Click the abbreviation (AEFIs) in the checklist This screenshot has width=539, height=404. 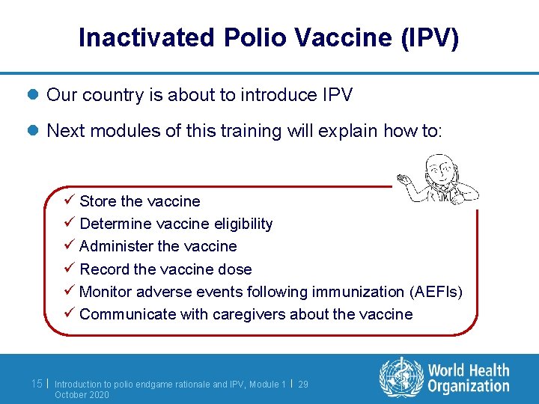coord(436,292)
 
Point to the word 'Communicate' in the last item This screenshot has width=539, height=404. coord(128,314)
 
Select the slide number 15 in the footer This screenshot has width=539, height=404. coord(37,384)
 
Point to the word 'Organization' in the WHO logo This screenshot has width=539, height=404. coord(469,386)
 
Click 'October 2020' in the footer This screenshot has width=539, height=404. coord(82,394)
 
